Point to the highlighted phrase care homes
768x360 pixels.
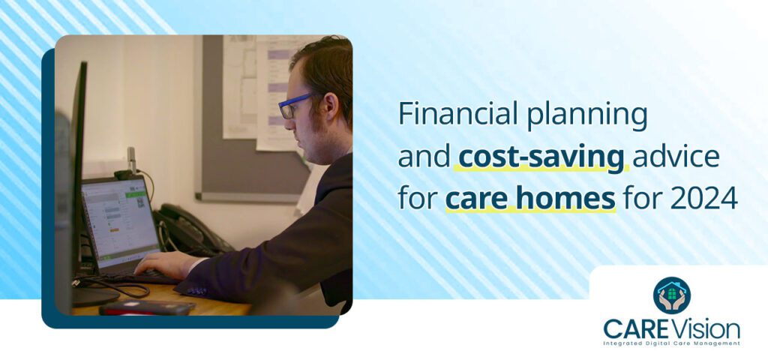tap(530, 199)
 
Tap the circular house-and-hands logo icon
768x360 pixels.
tap(671, 295)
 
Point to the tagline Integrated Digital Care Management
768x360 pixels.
tap(671, 343)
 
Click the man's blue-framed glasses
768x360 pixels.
tap(294, 105)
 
